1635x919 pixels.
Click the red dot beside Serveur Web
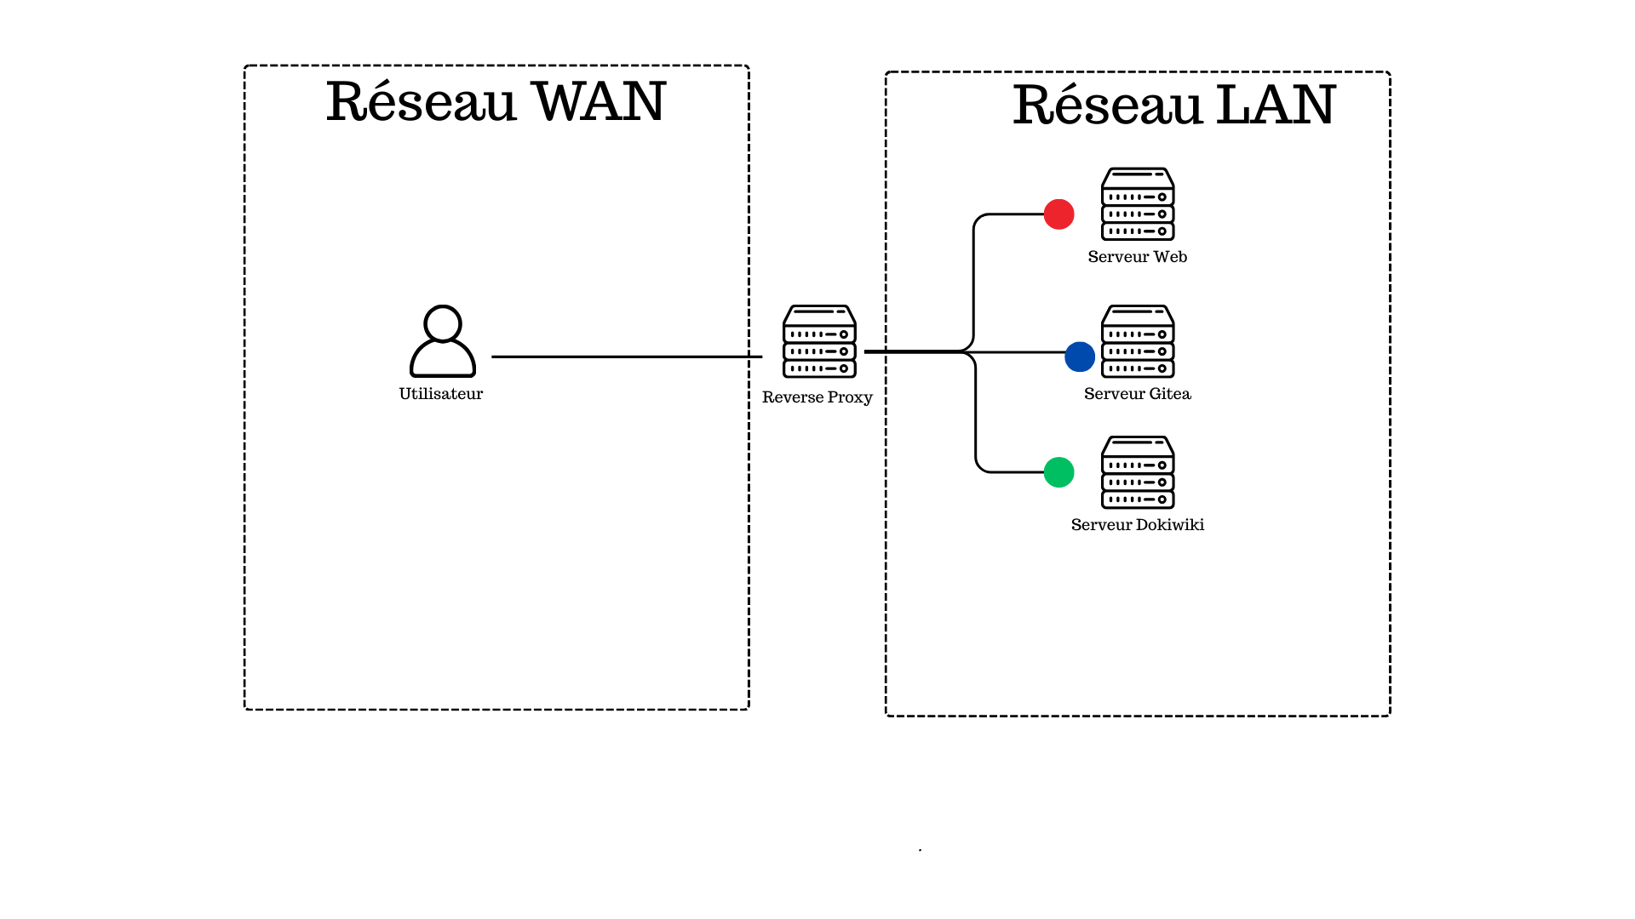[x=1058, y=214]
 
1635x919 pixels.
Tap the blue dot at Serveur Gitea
[x=1080, y=357]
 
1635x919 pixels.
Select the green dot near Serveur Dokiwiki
[x=1058, y=472]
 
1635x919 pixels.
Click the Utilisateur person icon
[x=443, y=342]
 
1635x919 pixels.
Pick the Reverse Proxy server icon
[x=819, y=341]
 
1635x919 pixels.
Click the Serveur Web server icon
[x=1138, y=204]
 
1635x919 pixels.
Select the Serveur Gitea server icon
[x=1138, y=341]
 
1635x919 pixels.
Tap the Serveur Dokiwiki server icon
[x=1138, y=472]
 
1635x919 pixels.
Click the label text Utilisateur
[x=441, y=394]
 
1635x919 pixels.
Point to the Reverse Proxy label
[x=817, y=397]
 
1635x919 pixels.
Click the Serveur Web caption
[x=1137, y=257]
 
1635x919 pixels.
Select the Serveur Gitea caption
[x=1137, y=394]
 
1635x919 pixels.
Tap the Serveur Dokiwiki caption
[x=1137, y=525]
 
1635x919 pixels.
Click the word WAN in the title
[x=598, y=102]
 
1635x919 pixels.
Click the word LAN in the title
[x=1275, y=106]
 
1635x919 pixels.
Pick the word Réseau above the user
[x=421, y=102]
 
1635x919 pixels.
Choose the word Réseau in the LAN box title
[x=1107, y=106]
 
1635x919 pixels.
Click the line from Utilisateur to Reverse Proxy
[x=626, y=357]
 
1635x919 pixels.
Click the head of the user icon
[x=443, y=323]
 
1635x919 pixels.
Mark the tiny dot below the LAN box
[x=920, y=850]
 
